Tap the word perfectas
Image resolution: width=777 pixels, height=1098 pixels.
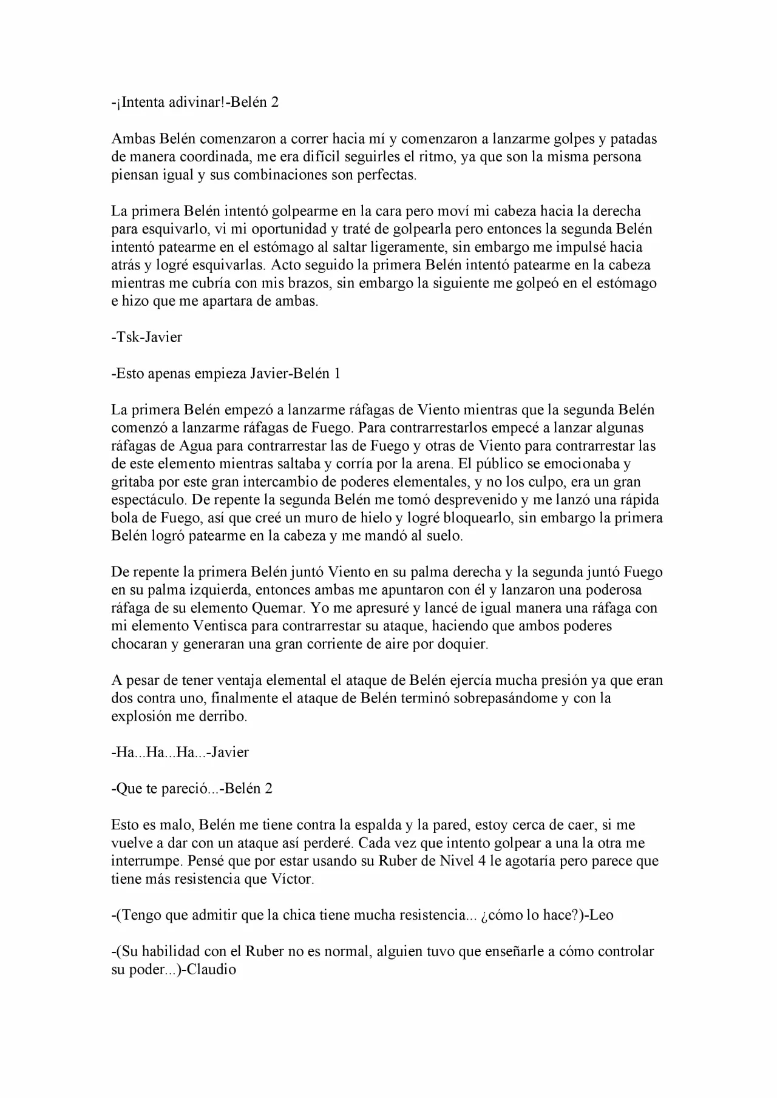[387, 175]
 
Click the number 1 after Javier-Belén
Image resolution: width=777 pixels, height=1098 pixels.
[337, 374]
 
